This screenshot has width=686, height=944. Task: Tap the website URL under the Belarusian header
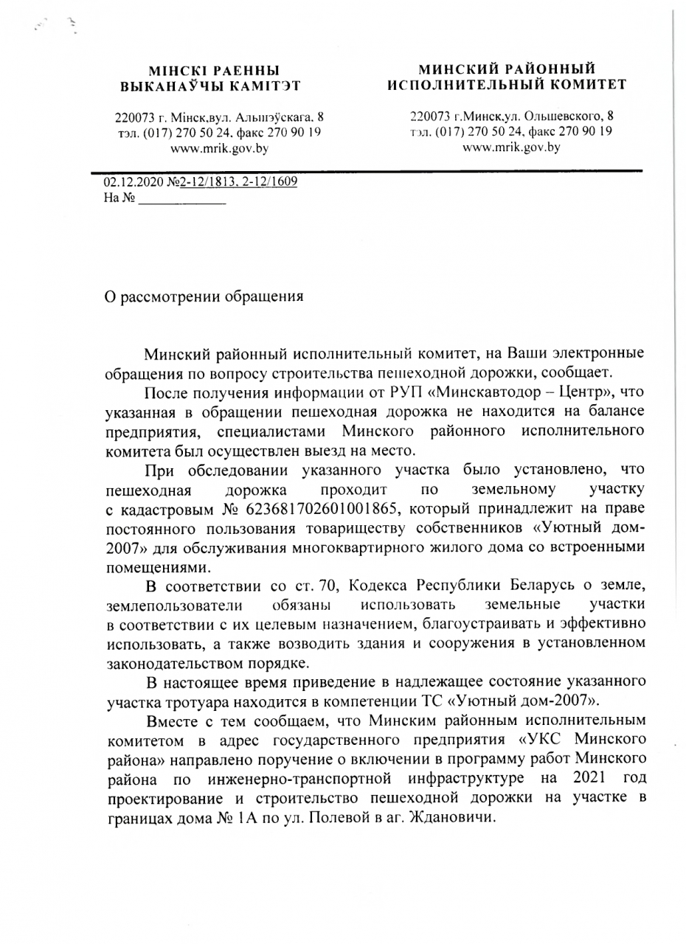pos(219,147)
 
